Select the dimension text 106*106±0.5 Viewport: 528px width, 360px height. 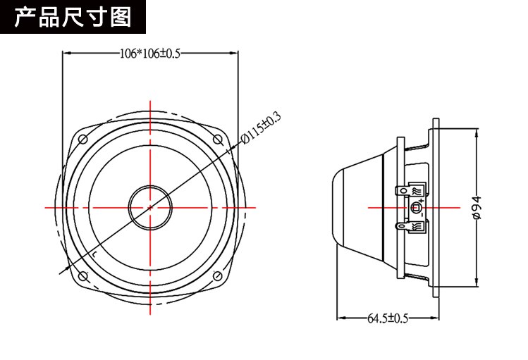[149, 54]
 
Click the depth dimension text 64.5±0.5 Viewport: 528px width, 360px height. [387, 318]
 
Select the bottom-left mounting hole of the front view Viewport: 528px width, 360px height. [82, 275]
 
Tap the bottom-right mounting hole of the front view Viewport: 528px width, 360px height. [218, 275]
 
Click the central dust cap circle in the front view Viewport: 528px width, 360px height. [150, 208]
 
